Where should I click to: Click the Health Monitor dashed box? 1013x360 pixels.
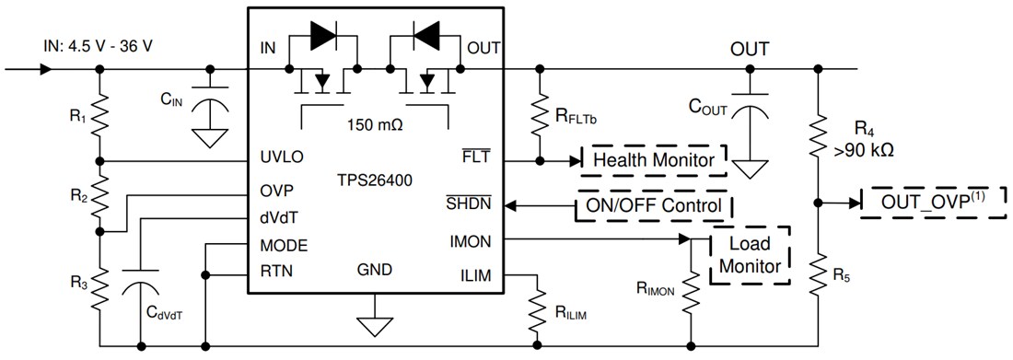655,160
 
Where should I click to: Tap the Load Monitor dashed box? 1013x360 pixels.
749,255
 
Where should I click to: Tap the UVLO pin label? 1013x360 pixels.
282,157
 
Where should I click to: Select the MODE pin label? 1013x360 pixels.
283,247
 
